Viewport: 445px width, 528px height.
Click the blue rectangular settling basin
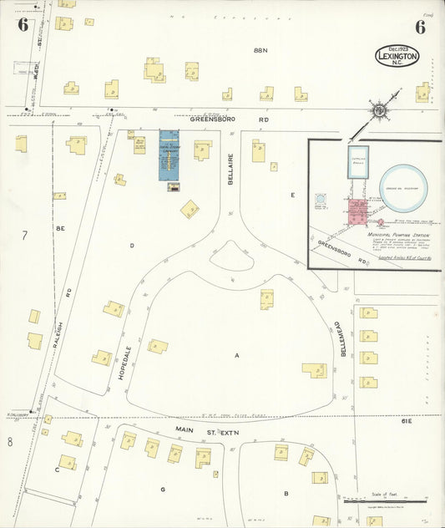pyautogui.click(x=358, y=161)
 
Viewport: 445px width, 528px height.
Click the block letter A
pyautogui.click(x=237, y=356)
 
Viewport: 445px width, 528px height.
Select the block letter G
pyautogui.click(x=164, y=488)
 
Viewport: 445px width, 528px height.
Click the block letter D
pyautogui.click(x=132, y=246)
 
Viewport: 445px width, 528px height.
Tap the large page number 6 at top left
pyautogui.click(x=23, y=24)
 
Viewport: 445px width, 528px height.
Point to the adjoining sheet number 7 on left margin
pyautogui.click(x=24, y=236)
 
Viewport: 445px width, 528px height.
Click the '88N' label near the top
pyautogui.click(x=260, y=51)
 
